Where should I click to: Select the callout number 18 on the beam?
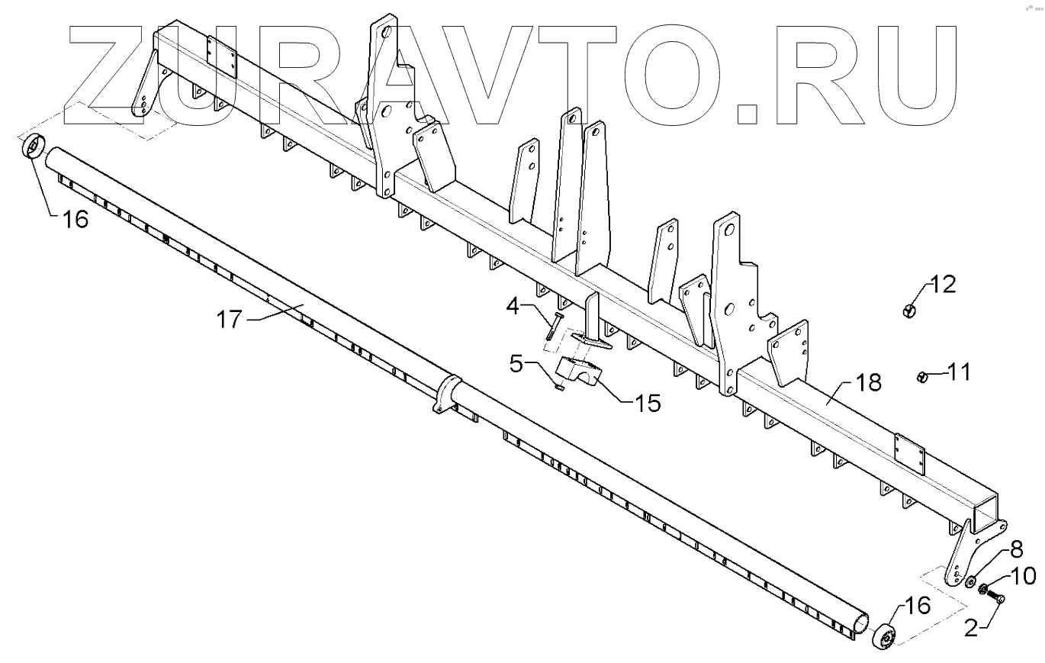(x=867, y=381)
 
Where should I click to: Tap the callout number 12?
(x=943, y=285)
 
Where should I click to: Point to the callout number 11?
(x=960, y=373)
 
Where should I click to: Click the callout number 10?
(x=1024, y=576)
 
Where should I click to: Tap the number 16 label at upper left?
(x=75, y=220)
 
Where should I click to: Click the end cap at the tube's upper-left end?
(x=34, y=146)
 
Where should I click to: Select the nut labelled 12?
(x=908, y=311)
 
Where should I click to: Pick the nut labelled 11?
(x=921, y=375)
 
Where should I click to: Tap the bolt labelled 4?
(x=551, y=325)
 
